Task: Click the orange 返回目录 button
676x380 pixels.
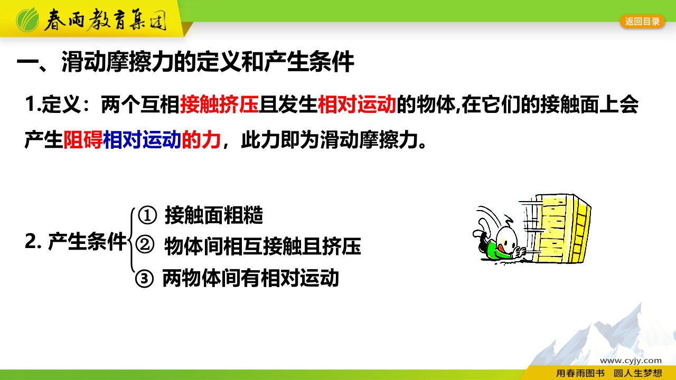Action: pyautogui.click(x=642, y=22)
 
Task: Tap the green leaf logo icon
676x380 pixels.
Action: pyautogui.click(x=27, y=20)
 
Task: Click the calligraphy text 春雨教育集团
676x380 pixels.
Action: pyautogui.click(x=105, y=20)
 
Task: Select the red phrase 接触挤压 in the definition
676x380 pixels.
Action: pyautogui.click(x=219, y=104)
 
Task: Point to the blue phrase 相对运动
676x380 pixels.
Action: pyautogui.click(x=142, y=140)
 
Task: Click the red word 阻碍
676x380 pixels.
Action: pyautogui.click(x=83, y=140)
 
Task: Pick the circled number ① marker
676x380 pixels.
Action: pyautogui.click(x=147, y=215)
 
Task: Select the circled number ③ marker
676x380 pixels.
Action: pyautogui.click(x=144, y=278)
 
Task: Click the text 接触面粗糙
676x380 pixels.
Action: pyautogui.click(x=214, y=215)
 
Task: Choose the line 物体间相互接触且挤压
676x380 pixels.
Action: pyautogui.click(x=262, y=246)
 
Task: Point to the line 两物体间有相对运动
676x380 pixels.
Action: pyautogui.click(x=250, y=278)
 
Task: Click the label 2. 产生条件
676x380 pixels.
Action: pyautogui.click(x=76, y=241)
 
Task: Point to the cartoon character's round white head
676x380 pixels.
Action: pyautogui.click(x=507, y=240)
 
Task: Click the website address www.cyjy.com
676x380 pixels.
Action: pyautogui.click(x=631, y=360)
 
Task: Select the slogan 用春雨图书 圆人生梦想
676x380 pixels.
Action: pyautogui.click(x=609, y=373)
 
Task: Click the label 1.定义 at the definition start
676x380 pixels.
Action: pyautogui.click(x=53, y=104)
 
